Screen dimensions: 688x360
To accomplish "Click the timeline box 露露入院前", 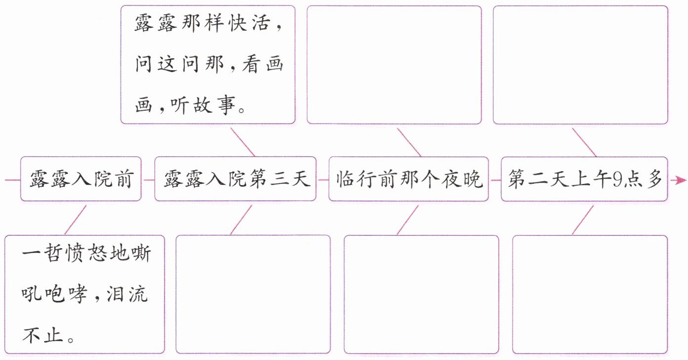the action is click(81, 179).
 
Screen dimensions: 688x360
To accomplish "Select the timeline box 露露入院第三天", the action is click(235, 179).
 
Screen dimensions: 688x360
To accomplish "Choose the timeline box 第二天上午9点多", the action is click(584, 179).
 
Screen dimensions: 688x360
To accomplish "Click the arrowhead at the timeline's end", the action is click(676, 180).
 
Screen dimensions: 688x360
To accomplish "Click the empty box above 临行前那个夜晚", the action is click(394, 64).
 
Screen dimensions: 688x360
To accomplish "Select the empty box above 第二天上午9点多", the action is click(580, 64).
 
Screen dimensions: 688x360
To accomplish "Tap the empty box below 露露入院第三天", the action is click(253, 294).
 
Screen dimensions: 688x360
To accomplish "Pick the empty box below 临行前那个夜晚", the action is click(421, 294).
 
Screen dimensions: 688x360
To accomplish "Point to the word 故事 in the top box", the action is click(214, 105).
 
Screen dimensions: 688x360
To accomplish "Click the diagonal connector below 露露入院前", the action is click(75, 220).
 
